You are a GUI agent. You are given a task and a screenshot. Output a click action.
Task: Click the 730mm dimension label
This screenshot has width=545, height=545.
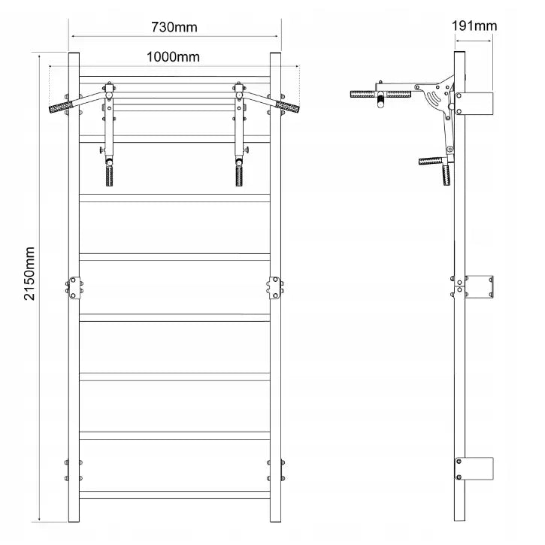click(x=174, y=27)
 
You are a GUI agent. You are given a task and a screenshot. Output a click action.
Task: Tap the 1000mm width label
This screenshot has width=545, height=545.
click(x=173, y=57)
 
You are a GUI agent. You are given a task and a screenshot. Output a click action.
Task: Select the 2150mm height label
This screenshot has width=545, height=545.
click(x=29, y=274)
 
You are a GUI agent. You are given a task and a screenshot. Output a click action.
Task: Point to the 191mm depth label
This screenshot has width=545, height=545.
click(x=474, y=26)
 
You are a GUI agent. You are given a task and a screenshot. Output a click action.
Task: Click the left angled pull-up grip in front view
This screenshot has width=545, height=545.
click(x=61, y=107)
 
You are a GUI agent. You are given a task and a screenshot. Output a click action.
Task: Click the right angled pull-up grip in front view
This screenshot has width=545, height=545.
click(x=287, y=107)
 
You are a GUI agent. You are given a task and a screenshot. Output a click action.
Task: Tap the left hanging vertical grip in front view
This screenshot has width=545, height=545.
click(x=109, y=176)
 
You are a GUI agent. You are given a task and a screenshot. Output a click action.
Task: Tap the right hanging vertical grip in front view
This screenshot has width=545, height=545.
click(x=239, y=176)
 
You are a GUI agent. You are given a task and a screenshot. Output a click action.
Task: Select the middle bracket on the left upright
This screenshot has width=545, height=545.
click(x=74, y=288)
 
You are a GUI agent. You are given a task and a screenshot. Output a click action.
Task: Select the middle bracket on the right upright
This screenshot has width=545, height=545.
click(x=275, y=288)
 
